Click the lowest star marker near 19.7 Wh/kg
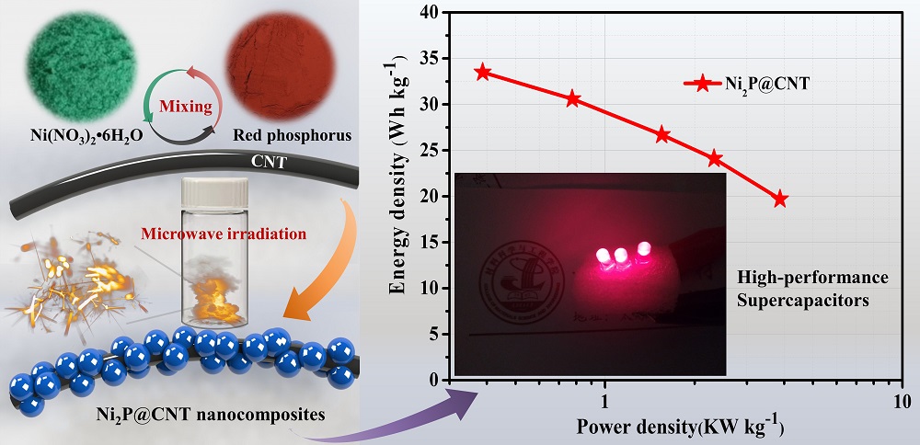coord(780,199)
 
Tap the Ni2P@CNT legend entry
coord(745,84)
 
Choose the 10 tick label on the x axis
coord(901,402)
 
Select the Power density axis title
coord(680,428)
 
